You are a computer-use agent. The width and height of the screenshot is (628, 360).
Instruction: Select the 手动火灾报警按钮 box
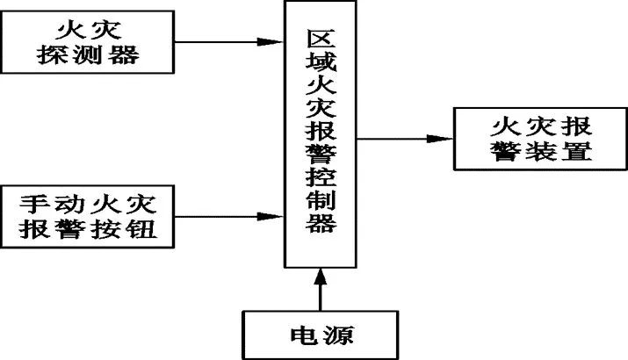(x=91, y=213)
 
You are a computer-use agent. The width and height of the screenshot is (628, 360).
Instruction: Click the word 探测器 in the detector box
(x=91, y=56)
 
